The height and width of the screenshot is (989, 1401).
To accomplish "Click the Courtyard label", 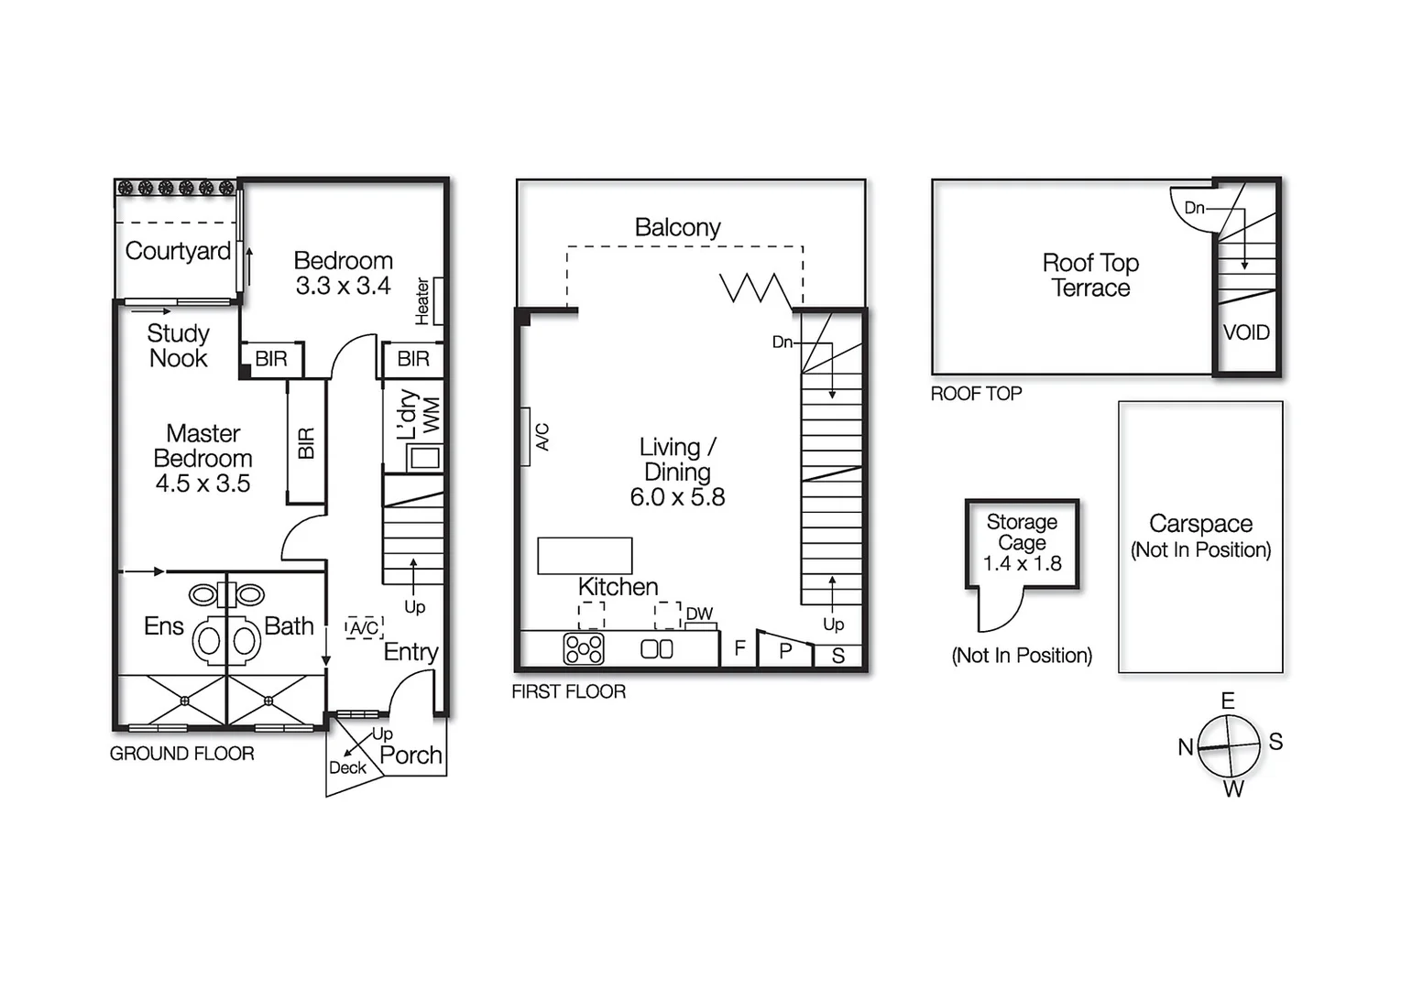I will coord(177,251).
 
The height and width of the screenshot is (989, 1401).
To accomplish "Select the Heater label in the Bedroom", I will coord(422,300).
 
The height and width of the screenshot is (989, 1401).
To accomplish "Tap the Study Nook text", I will coord(179,346).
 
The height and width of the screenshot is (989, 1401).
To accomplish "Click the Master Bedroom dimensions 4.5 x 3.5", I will coord(202,484).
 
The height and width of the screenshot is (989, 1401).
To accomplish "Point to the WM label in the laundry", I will coord(432,415).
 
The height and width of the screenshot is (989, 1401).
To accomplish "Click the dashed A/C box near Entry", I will coord(364,628).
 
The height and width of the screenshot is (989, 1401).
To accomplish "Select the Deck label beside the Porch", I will coord(347,768).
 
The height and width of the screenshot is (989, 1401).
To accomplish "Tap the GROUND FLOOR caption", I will coord(181,754).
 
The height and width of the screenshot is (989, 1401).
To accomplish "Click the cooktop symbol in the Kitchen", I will coord(584,649).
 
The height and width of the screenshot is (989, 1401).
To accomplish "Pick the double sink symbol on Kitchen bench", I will coord(656,649).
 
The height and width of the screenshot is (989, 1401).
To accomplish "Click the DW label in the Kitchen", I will coord(699,614).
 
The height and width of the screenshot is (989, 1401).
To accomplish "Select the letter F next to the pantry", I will coord(739,649).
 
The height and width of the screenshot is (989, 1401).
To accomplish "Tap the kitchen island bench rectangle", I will coord(585,556).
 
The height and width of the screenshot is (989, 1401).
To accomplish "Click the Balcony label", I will coord(677,227).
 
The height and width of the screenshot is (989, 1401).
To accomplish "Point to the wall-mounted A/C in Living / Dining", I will coord(526,437).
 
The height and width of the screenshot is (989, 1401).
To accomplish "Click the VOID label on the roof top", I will coord(1246,332).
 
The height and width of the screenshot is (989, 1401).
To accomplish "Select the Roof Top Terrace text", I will coord(1090,275).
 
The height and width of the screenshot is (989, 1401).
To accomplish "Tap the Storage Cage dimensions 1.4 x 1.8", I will coord(1022,564).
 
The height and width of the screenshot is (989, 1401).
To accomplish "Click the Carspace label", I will coord(1200,524).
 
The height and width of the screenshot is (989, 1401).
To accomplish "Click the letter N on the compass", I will coord(1186,747).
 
